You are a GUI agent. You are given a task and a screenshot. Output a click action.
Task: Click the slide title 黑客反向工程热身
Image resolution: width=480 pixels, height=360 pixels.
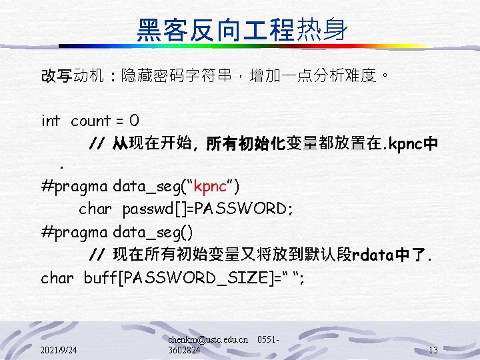[x=241, y=29]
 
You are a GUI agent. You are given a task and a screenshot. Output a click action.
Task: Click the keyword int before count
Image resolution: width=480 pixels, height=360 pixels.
[x=51, y=121]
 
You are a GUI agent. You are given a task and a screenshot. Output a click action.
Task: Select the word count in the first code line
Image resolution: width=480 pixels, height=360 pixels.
[x=90, y=121]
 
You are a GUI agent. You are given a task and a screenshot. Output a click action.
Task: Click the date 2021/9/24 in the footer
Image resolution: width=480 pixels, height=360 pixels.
[x=58, y=350]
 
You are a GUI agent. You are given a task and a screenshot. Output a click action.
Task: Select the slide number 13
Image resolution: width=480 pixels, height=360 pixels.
[x=433, y=350]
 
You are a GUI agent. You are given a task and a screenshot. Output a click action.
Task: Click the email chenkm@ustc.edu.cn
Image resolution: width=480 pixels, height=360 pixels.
[x=208, y=340]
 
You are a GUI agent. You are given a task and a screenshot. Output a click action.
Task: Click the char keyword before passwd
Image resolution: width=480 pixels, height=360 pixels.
[x=95, y=209]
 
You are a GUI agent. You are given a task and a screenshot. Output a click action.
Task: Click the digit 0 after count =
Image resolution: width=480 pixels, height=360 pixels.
[x=134, y=121]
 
